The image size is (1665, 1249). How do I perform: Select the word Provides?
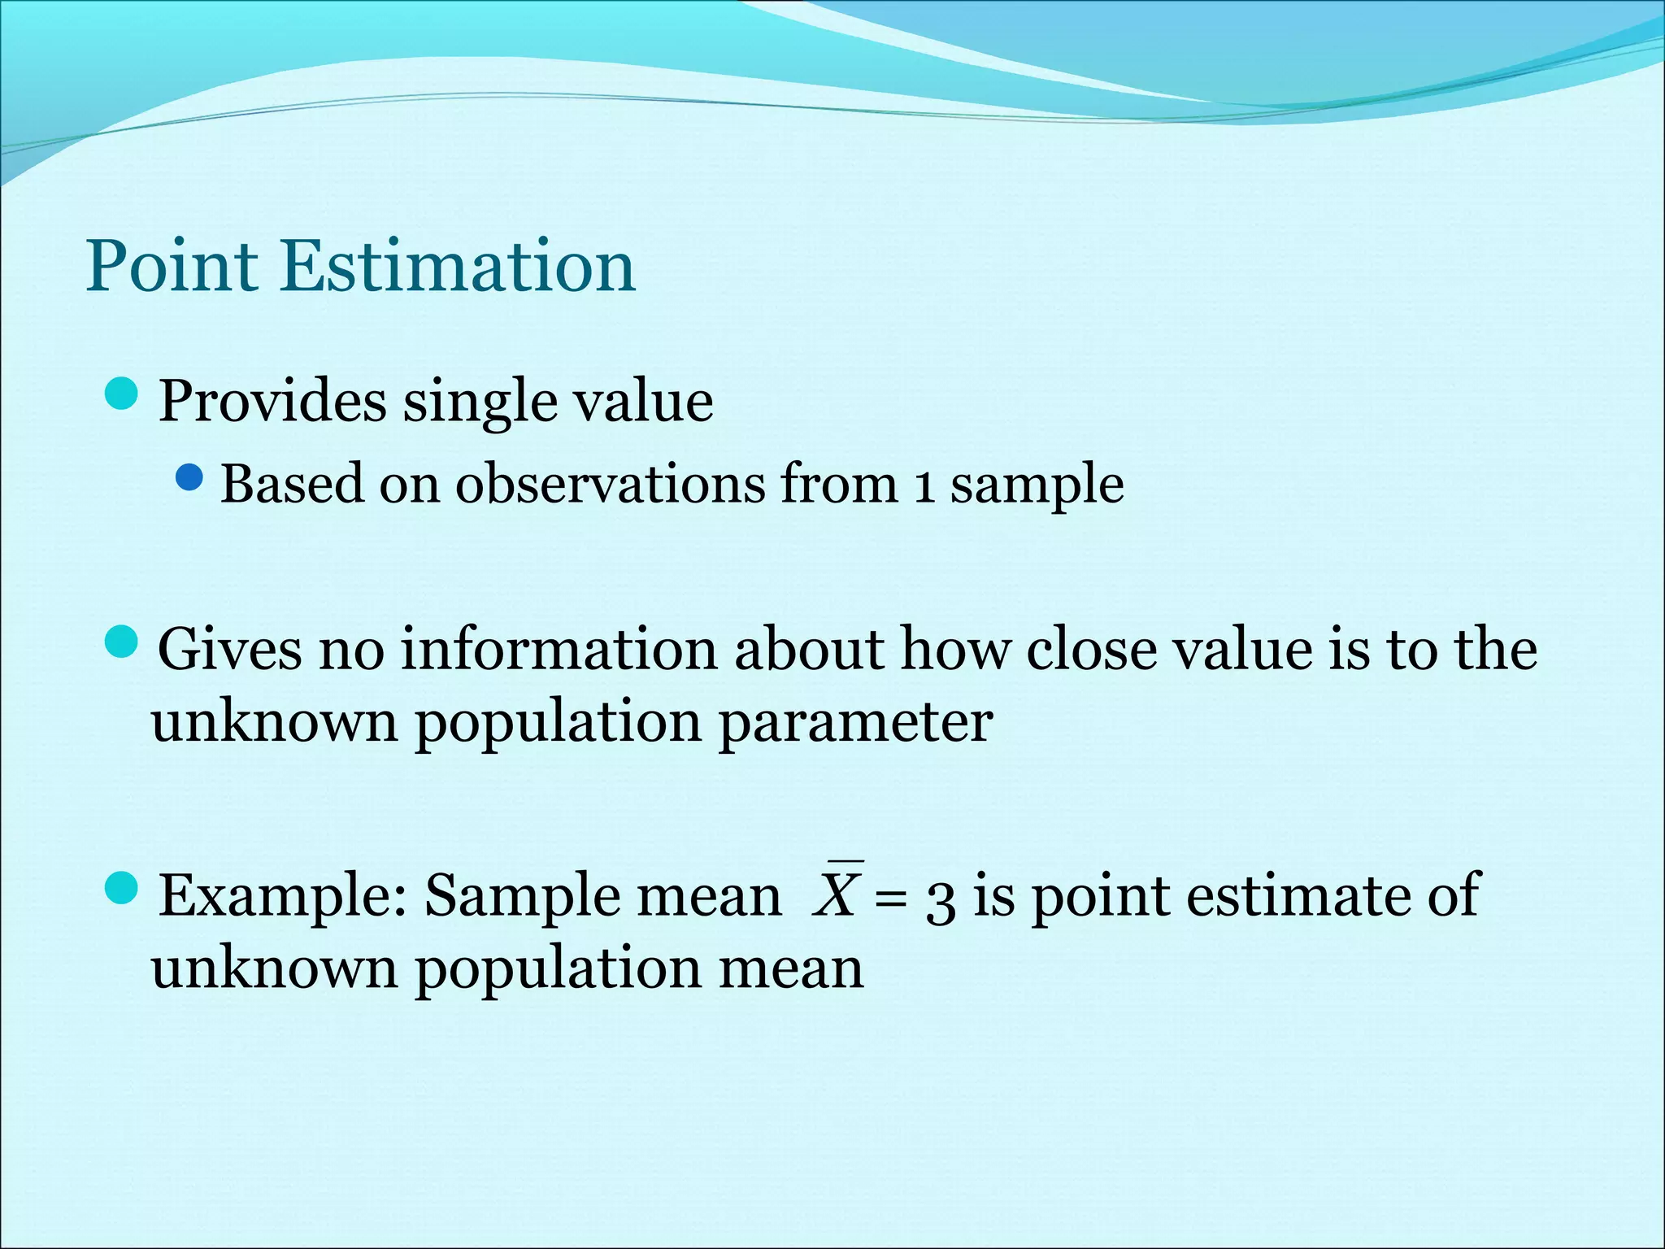pyautogui.click(x=272, y=402)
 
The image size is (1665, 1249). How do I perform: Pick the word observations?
pyautogui.click(x=609, y=484)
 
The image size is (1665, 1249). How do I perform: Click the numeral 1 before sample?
pyautogui.click(x=923, y=485)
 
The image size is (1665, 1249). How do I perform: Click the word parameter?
pyautogui.click(x=855, y=722)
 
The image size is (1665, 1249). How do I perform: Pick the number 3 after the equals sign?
pyautogui.click(x=941, y=901)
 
